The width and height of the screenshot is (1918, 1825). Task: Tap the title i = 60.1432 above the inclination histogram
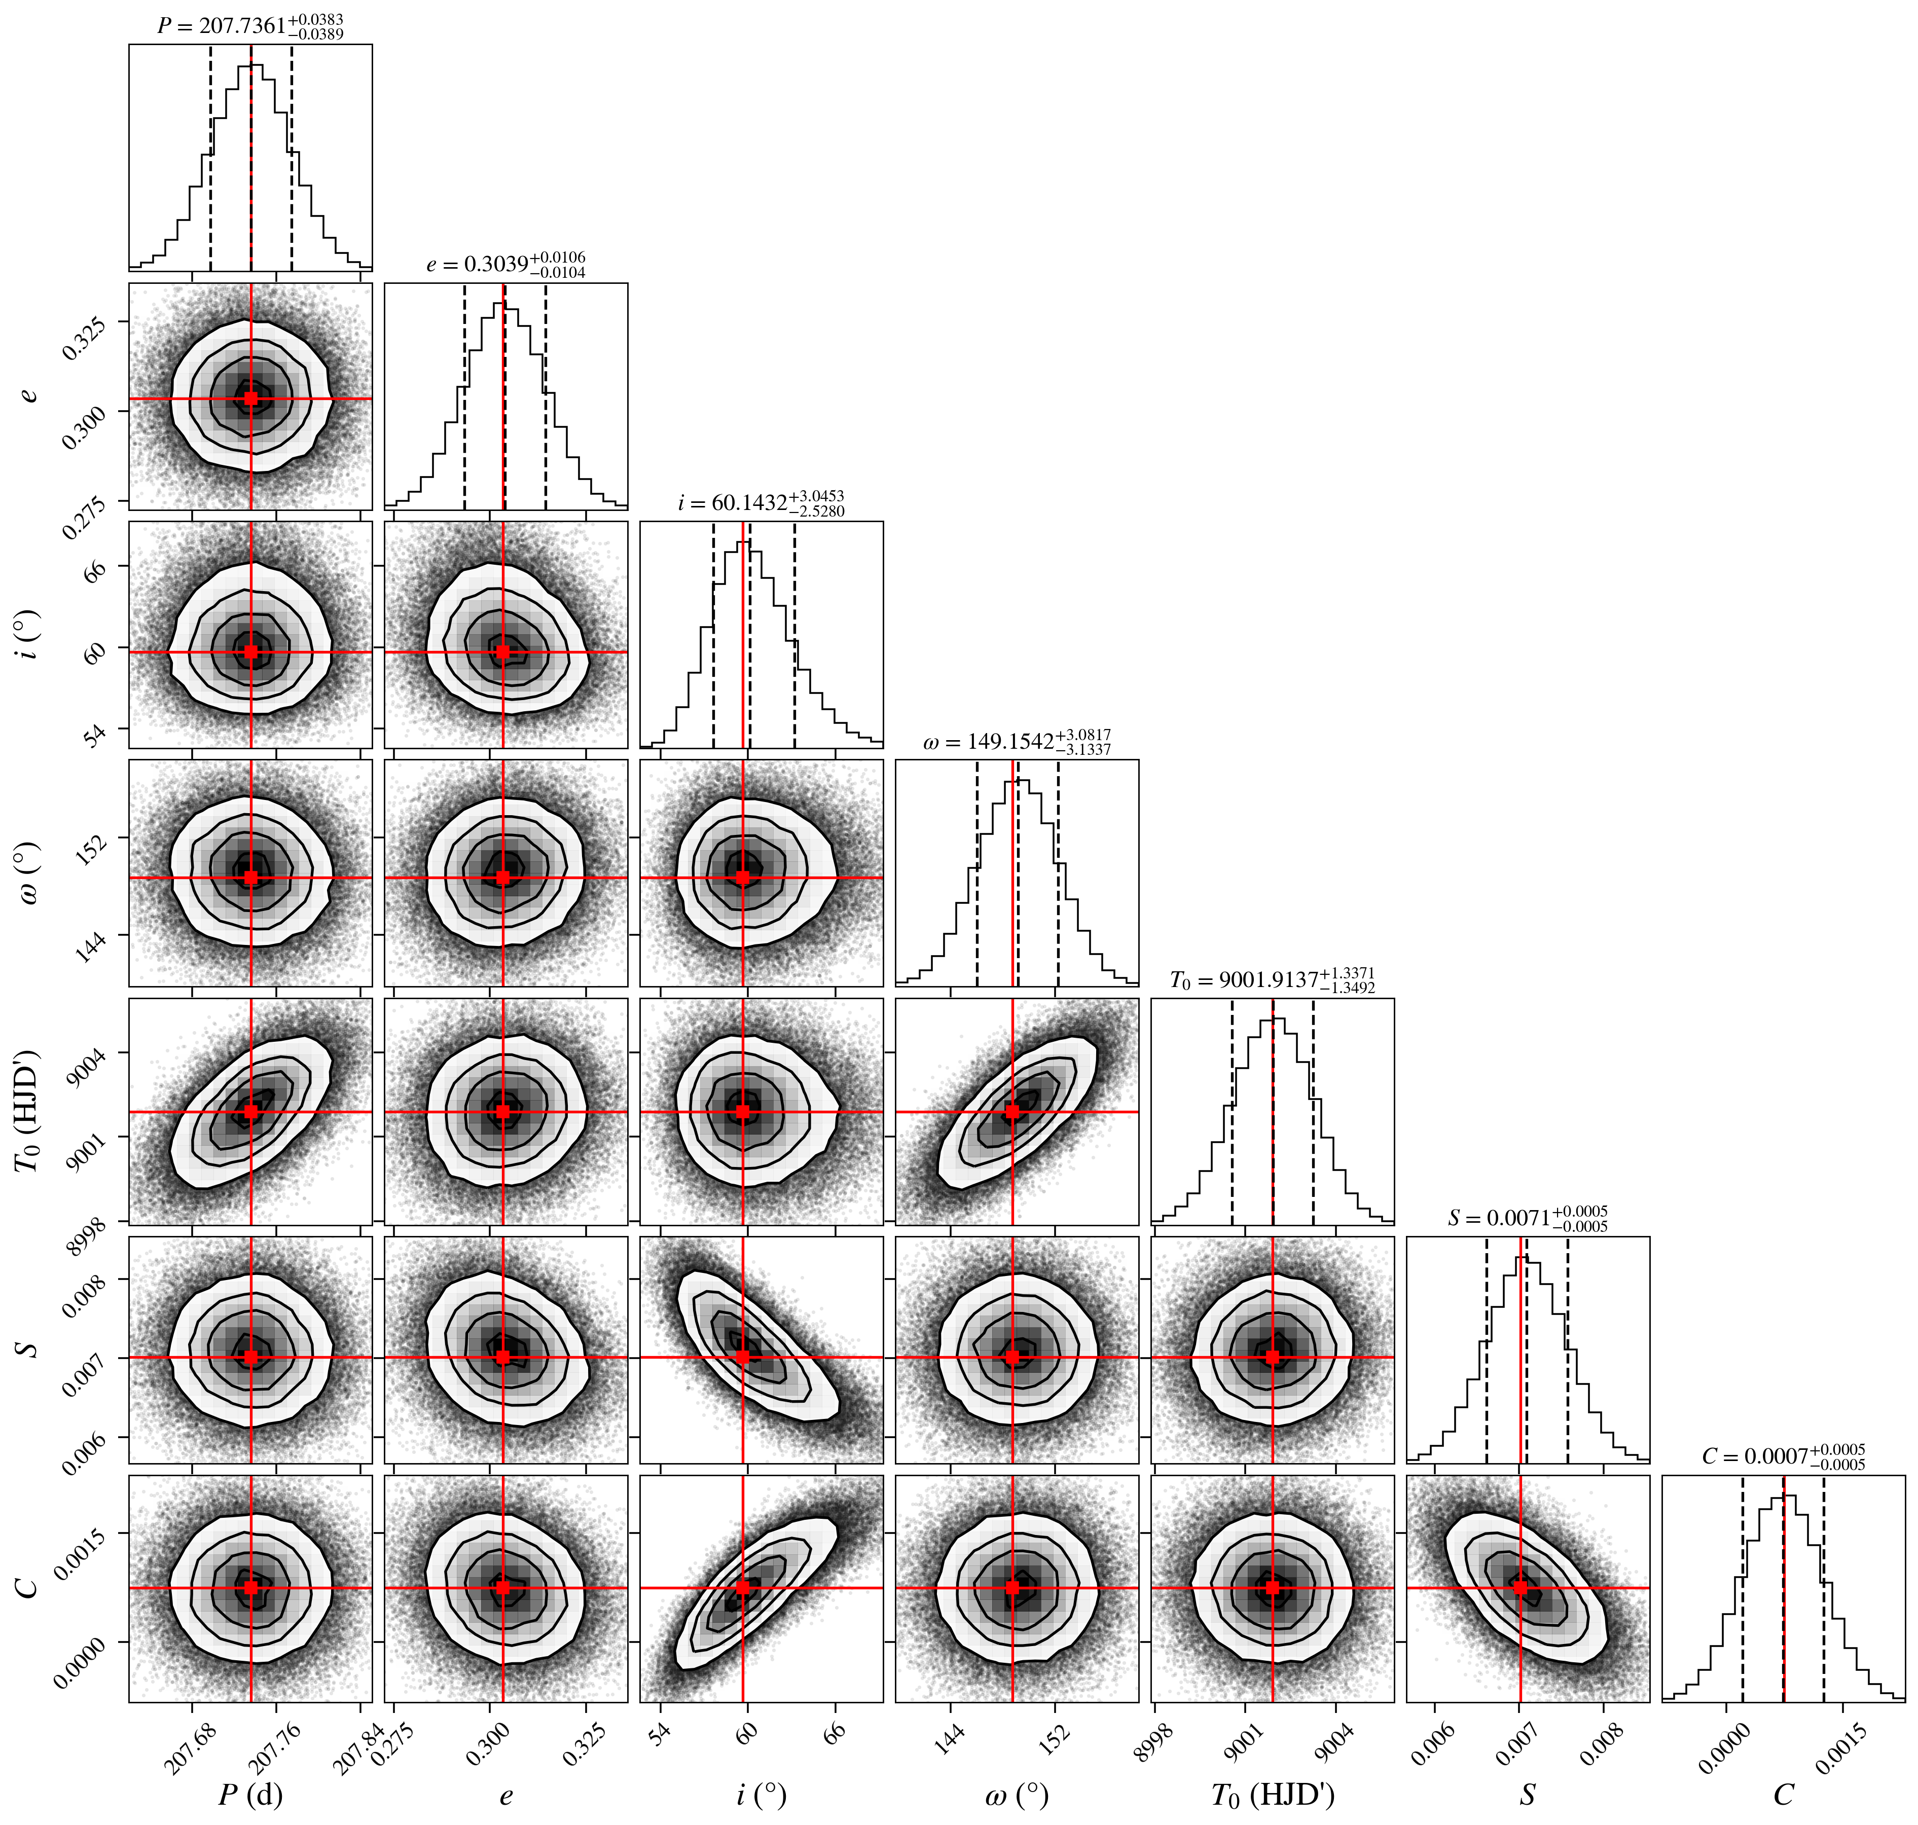coord(761,503)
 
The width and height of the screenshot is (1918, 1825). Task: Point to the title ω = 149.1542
coord(1017,741)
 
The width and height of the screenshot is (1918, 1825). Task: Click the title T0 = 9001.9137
coord(1272,979)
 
